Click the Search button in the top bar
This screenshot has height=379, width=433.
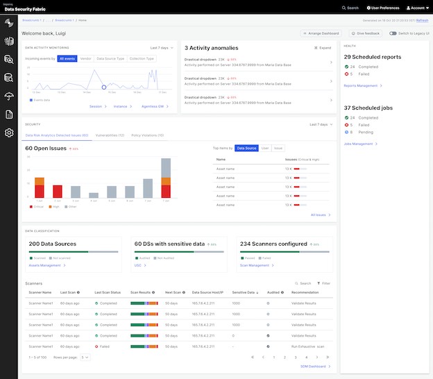(350, 8)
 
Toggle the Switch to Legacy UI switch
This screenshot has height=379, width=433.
(393, 33)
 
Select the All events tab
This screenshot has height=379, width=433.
(67, 59)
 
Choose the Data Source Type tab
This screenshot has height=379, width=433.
(110, 59)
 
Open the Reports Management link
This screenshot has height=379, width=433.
(362, 85)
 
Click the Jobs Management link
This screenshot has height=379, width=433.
(360, 144)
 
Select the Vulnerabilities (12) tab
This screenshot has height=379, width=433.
(109, 135)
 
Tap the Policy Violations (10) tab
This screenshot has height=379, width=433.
(147, 135)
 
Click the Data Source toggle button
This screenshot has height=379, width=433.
(246, 148)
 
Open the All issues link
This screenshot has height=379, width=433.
(319, 214)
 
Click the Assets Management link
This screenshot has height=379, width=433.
(46, 265)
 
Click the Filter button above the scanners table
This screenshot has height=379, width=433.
(323, 283)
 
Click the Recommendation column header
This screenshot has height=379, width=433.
(305, 293)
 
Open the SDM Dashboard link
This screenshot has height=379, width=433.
(316, 366)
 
